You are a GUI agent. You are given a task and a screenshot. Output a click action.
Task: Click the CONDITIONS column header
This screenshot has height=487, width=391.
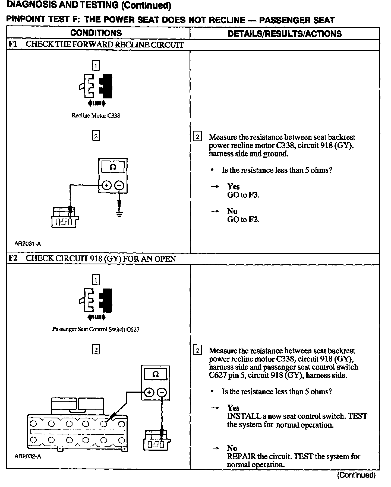click(x=96, y=33)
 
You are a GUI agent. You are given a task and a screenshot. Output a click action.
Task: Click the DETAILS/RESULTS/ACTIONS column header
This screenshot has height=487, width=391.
click(x=284, y=34)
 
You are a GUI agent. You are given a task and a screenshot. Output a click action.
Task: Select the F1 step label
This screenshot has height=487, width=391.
click(x=12, y=44)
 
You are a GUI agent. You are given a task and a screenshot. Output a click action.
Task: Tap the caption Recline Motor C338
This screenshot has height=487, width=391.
click(x=96, y=116)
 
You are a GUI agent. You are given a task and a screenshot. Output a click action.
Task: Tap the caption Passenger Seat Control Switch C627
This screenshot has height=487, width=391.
click(x=96, y=329)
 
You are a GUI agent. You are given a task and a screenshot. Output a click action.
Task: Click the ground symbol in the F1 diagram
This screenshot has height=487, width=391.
click(x=119, y=214)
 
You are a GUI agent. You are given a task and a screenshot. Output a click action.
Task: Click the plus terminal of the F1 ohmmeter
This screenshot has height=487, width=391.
click(x=107, y=185)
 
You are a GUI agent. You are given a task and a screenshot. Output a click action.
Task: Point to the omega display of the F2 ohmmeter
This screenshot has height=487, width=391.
click(x=155, y=374)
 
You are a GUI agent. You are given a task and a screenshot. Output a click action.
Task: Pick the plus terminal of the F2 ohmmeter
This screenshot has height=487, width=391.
click(x=149, y=392)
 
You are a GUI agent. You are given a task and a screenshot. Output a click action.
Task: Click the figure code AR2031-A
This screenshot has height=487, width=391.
click(x=28, y=243)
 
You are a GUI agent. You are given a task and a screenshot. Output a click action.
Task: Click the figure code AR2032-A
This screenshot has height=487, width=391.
click(x=28, y=456)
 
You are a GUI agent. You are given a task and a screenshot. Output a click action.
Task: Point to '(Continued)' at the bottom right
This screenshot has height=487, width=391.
click(x=356, y=475)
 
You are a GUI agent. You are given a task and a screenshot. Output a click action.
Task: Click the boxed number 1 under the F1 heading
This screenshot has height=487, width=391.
click(x=96, y=65)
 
